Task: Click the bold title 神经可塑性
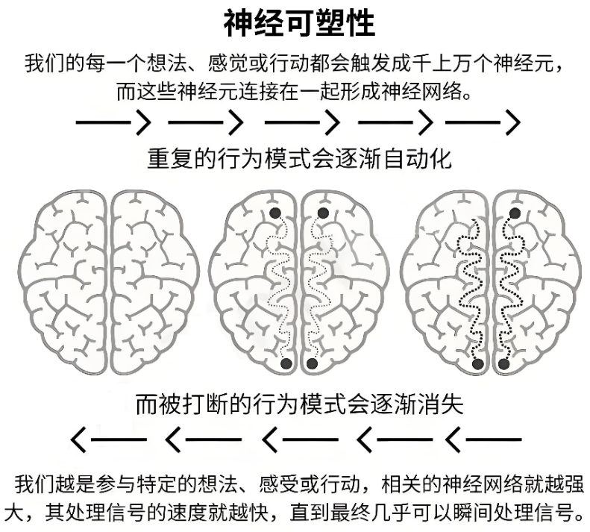[299, 22]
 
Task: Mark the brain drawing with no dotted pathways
[108, 281]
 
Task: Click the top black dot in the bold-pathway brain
[515, 213]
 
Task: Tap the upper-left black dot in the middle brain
[275, 213]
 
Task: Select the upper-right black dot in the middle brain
[323, 213]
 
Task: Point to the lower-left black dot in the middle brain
[286, 363]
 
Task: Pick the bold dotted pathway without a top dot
[470, 290]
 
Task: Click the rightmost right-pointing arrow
[483, 122]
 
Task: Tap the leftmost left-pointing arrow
[108, 439]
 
